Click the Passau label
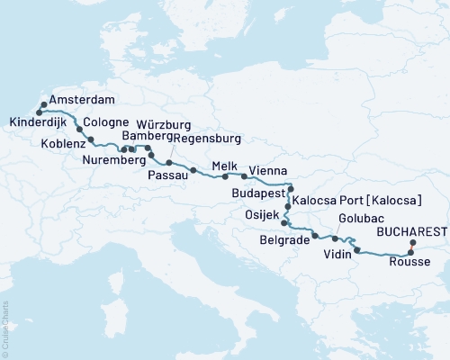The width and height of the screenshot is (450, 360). [164, 175]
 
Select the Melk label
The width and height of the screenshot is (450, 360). [224, 166]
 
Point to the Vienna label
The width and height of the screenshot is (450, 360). [269, 170]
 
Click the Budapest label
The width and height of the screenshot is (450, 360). [257, 193]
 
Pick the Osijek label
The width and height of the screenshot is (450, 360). [260, 214]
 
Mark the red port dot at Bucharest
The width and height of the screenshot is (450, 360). [413, 243]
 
